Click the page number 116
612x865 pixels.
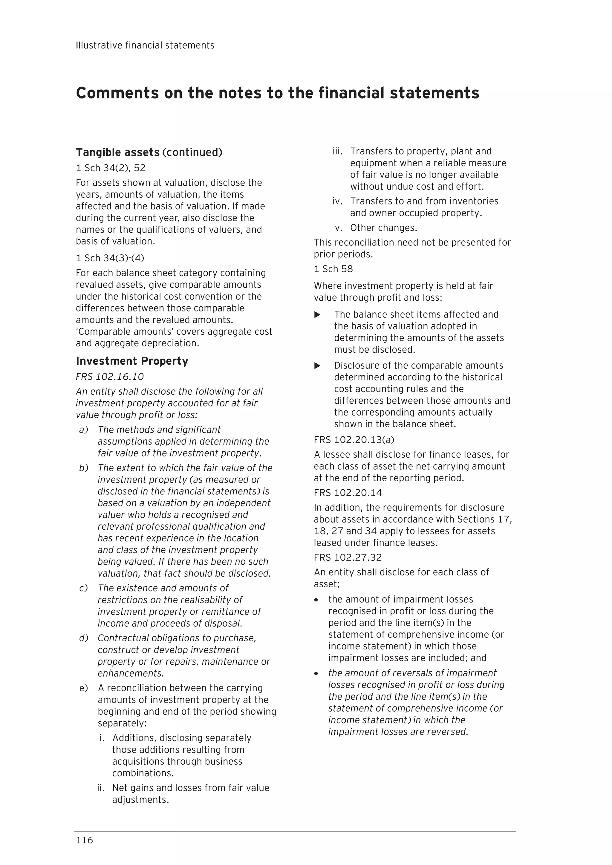[85, 840]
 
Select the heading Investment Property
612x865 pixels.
[132, 361]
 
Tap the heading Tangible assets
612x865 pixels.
[118, 152]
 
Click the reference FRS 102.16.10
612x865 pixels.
[110, 377]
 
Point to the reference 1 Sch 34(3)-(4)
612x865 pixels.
[110, 258]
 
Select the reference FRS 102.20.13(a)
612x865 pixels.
[354, 440]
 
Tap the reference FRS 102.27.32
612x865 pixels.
[348, 557]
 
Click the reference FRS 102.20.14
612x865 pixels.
[348, 493]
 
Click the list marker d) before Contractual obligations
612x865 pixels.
[83, 638]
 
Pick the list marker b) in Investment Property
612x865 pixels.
[83, 468]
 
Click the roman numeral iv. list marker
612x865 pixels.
[337, 201]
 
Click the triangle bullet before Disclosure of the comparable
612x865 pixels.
[317, 365]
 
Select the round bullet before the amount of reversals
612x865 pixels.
[316, 674]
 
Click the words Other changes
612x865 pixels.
[383, 228]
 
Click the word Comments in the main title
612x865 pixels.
[117, 93]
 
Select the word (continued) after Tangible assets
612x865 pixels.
[192, 152]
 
